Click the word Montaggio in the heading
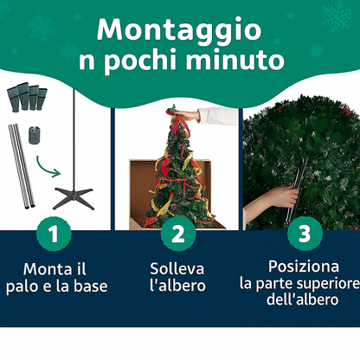(x=179, y=29)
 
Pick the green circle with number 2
(x=178, y=233)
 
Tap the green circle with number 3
(x=303, y=233)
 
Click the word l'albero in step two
(x=178, y=286)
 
